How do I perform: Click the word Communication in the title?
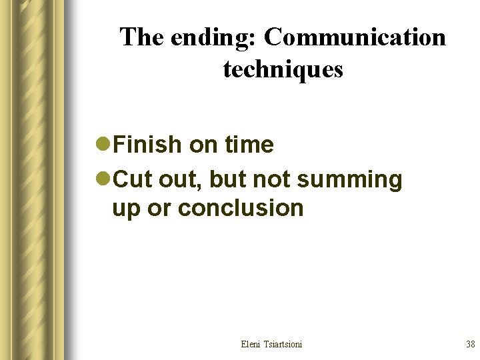pos(355,37)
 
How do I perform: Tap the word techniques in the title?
pos(283,69)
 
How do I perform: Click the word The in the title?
pos(142,37)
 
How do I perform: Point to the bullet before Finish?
pos(104,144)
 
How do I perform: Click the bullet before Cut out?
pos(104,179)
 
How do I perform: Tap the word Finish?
pos(147,144)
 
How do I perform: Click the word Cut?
pos(133,179)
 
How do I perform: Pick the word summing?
pos(350,179)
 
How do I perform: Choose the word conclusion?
pos(241,208)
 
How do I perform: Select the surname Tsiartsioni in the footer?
pos(283,344)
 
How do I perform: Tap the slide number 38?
pos(470,344)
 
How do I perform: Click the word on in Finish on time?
pos(203,144)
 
